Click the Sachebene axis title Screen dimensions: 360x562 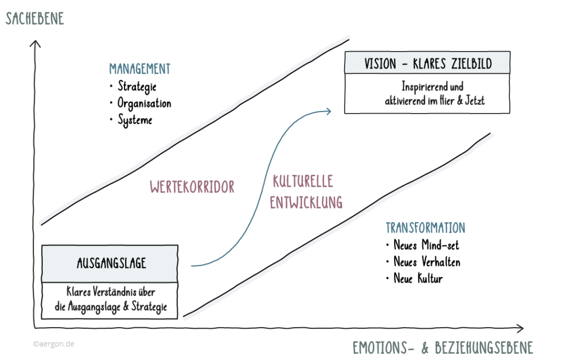pos(35,18)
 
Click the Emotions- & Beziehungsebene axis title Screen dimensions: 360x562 pos(442,348)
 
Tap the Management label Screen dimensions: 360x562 pos(139,69)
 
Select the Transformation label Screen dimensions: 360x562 pos(425,228)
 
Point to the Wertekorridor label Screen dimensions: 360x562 pos(192,187)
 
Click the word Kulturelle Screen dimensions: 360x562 pos(302,181)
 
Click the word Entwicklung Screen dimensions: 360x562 pos(307,201)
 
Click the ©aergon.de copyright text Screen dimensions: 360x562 pos(53,344)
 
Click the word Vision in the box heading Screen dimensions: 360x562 pos(380,64)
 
